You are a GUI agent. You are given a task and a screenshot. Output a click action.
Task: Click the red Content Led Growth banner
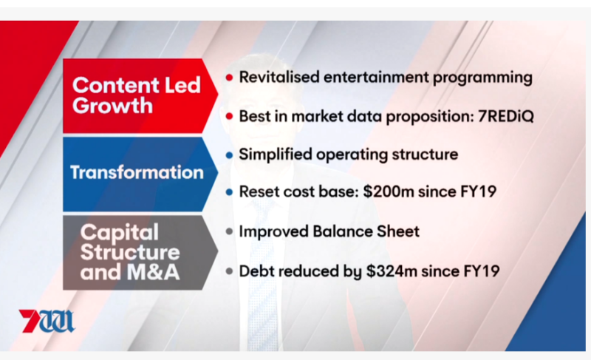pos(140,96)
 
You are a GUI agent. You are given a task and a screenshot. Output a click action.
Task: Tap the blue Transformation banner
pos(140,174)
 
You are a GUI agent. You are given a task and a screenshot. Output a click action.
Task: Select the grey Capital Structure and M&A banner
pos(140,252)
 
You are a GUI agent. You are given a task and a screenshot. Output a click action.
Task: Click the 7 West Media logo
pos(47,321)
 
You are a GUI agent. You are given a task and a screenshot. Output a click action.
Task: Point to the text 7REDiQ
pos(506,116)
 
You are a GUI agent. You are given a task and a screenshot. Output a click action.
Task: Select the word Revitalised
pos(279,77)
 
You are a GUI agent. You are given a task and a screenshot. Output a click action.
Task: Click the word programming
pos(482,78)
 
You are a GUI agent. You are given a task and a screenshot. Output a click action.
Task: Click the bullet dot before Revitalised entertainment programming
pos(229,78)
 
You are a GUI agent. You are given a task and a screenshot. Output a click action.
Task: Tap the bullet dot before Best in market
pos(229,117)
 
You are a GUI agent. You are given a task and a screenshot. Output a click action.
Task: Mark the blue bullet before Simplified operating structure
pos(229,155)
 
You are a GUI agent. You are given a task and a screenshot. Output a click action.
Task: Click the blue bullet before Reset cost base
pos(229,192)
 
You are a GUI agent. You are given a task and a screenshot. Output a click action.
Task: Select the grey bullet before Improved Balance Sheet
pos(229,231)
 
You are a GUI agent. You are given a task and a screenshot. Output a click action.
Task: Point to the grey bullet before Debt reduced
pos(229,271)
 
